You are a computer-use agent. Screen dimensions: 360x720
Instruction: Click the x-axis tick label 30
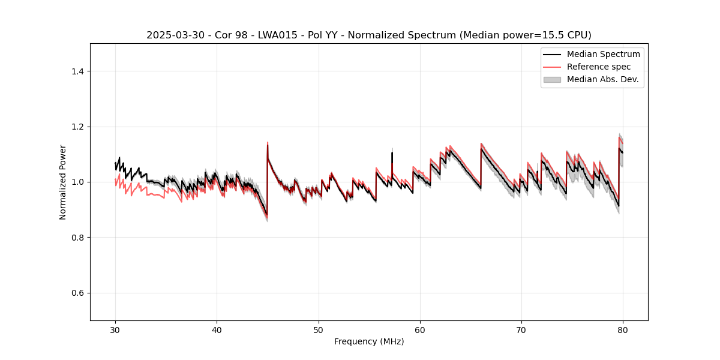click(x=115, y=330)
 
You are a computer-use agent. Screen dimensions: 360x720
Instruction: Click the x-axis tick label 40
click(x=217, y=330)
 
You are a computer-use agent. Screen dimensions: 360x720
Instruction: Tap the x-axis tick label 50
click(x=319, y=330)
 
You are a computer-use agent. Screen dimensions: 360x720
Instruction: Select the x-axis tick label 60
click(x=420, y=330)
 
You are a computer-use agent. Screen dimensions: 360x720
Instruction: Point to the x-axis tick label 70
click(x=521, y=330)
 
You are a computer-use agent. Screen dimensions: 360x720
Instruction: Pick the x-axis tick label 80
click(x=623, y=330)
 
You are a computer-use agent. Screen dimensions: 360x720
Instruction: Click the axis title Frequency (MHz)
click(x=369, y=341)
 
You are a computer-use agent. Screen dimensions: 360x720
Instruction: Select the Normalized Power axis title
click(x=63, y=182)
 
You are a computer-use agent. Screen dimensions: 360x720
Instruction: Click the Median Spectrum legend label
click(x=603, y=54)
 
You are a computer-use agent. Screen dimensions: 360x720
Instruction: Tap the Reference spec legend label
click(x=599, y=67)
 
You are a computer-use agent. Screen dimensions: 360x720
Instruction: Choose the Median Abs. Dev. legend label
click(x=602, y=79)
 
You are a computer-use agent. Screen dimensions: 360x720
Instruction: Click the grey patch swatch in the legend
click(x=552, y=79)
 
